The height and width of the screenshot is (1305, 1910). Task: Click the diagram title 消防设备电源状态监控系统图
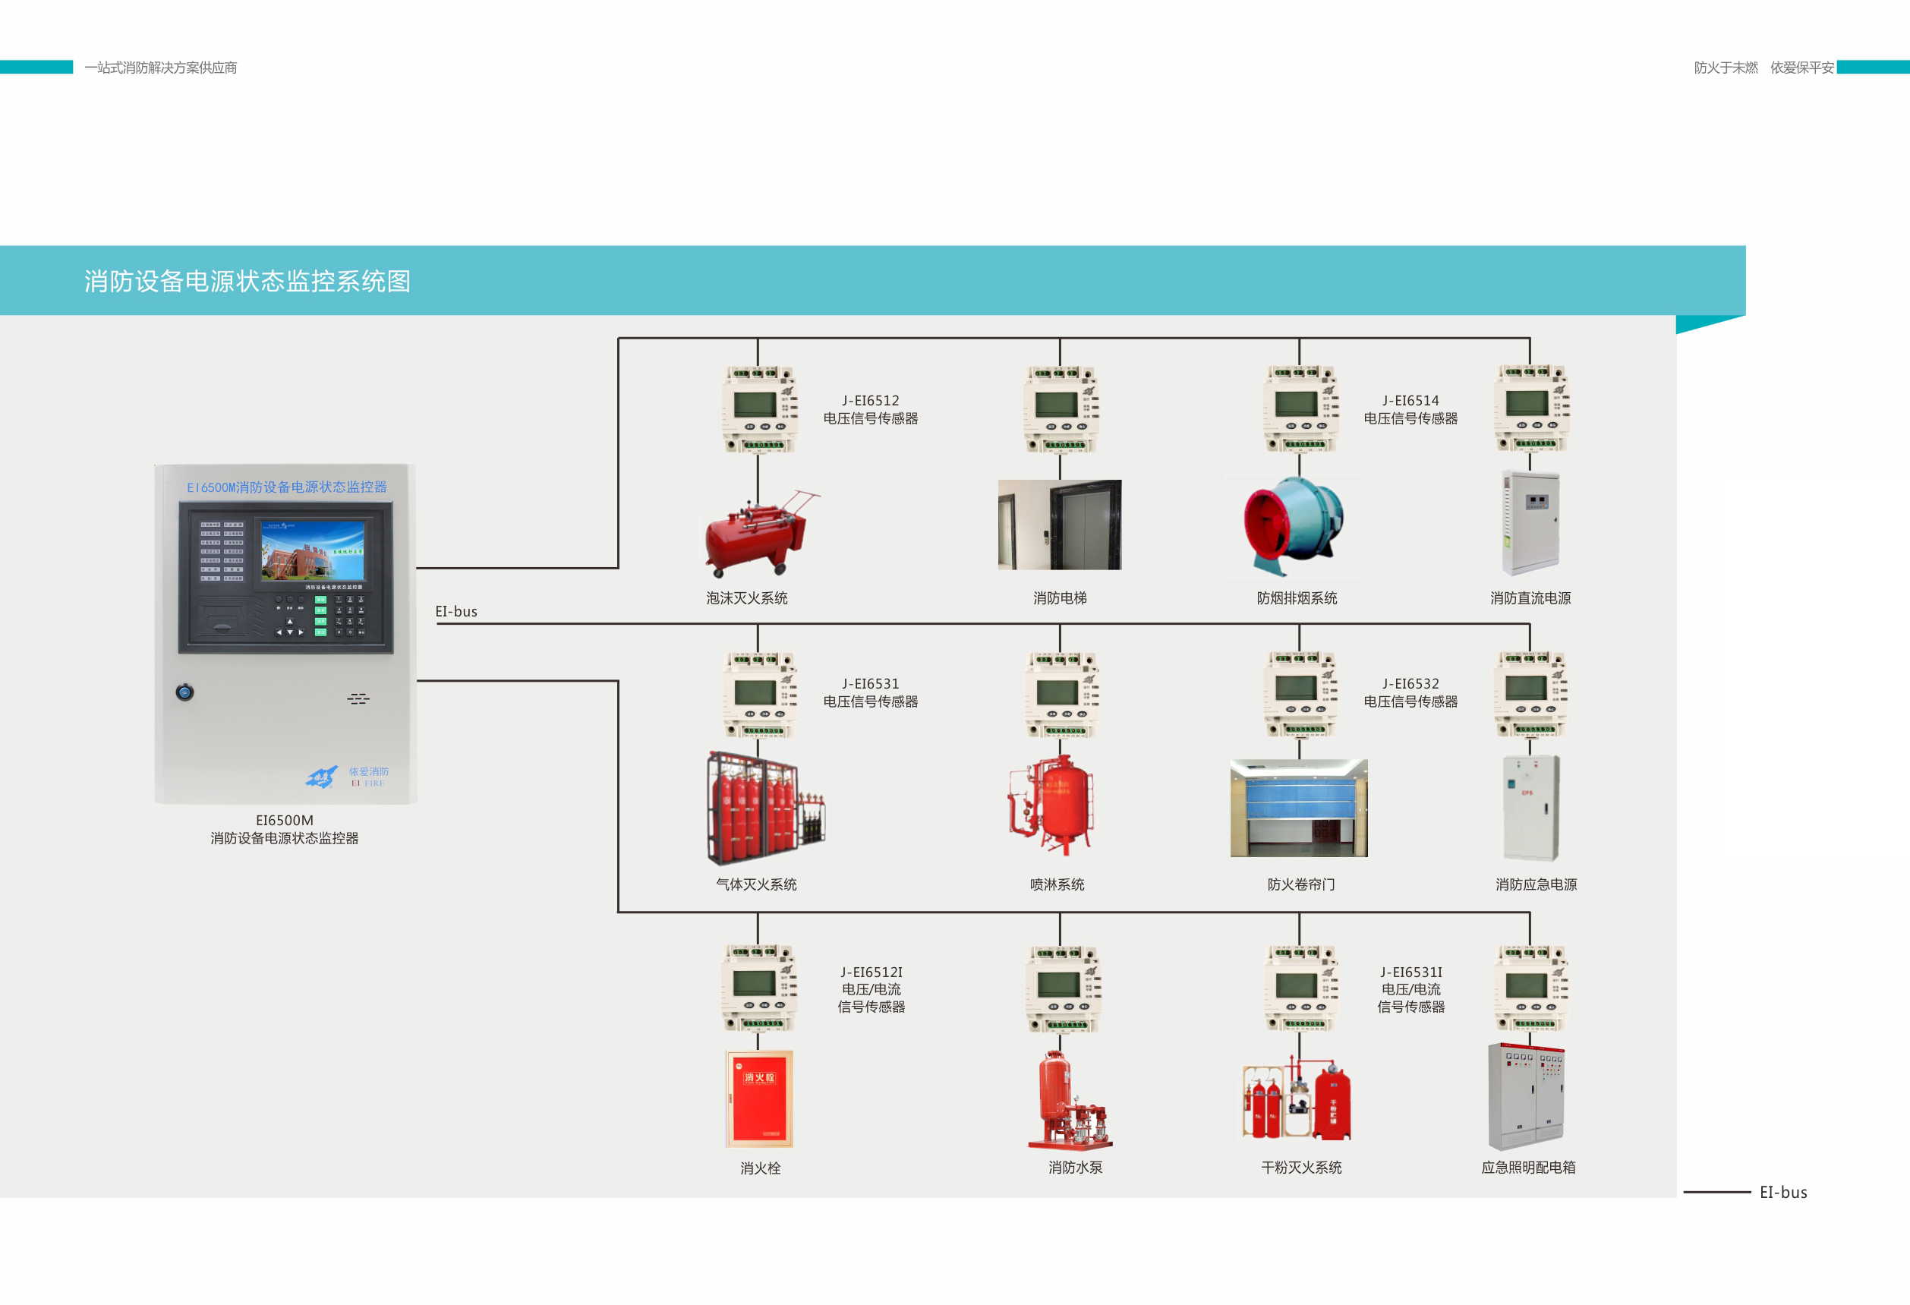click(247, 281)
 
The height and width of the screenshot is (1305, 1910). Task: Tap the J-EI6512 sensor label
click(870, 409)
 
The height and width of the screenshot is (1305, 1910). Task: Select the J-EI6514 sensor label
click(1410, 409)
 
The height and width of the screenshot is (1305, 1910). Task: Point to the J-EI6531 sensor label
click(870, 692)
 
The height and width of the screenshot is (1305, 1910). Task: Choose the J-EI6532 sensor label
click(1410, 692)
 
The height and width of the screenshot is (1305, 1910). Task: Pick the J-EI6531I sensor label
click(1410, 988)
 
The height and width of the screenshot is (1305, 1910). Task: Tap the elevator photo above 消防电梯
click(1059, 525)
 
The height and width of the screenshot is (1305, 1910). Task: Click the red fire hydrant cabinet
click(758, 1098)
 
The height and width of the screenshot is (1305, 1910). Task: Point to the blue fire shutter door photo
click(1299, 807)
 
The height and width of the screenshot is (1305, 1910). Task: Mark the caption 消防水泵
click(1075, 1167)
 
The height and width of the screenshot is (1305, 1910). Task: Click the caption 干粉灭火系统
click(1301, 1167)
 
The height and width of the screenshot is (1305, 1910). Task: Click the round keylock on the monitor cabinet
click(185, 692)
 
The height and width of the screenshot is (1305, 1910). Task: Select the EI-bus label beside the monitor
click(456, 611)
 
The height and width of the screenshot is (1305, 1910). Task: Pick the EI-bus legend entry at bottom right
click(1782, 1192)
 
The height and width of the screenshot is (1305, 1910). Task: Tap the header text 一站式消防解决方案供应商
click(161, 68)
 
